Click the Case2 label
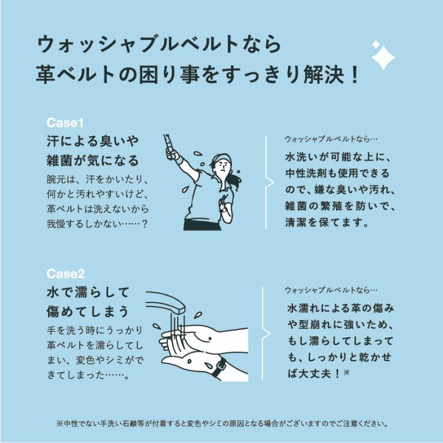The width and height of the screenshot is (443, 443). pyautogui.click(x=65, y=273)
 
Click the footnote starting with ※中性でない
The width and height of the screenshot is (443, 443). pyautogui.click(x=221, y=424)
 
